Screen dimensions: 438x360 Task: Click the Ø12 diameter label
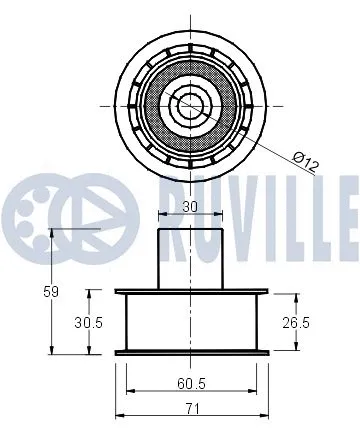coord(305,158)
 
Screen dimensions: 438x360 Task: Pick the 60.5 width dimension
coord(189,383)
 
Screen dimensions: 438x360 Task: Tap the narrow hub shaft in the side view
coord(189,258)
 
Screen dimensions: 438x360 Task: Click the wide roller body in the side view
coord(189,322)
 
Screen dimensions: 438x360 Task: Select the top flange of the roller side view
coord(189,293)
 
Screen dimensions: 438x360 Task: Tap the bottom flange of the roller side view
coord(189,351)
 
